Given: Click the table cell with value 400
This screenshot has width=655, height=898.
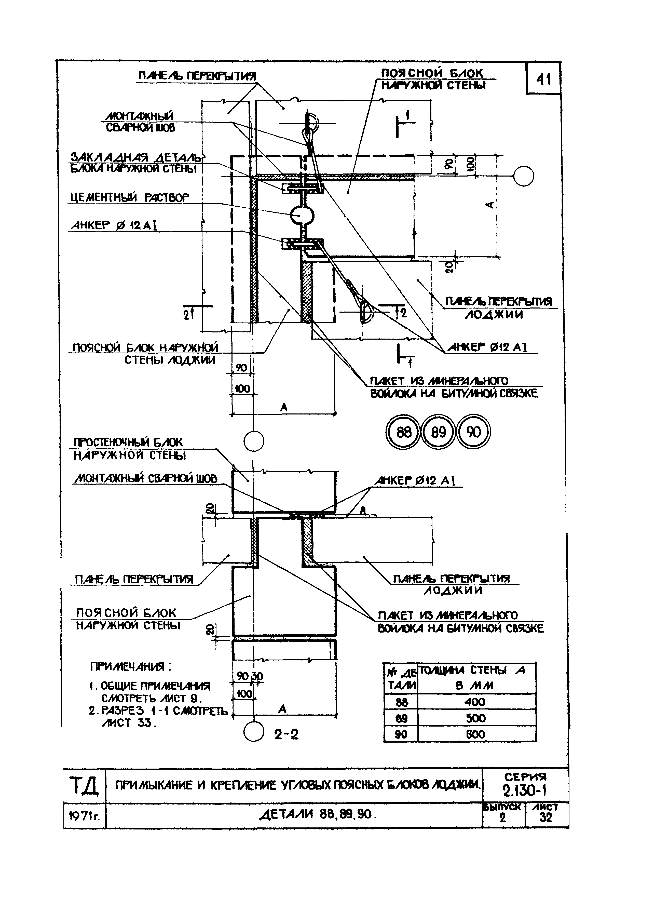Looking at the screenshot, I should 475,702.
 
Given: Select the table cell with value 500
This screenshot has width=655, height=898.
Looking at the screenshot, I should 475,718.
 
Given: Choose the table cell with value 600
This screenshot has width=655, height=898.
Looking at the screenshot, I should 475,735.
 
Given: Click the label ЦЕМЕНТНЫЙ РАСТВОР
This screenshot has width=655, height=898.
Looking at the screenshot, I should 130,197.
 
